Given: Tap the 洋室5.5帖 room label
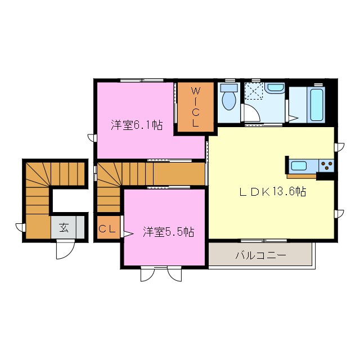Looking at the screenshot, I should (x=168, y=231).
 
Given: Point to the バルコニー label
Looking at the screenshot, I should (x=260, y=255).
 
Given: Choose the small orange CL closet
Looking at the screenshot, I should (x=107, y=229).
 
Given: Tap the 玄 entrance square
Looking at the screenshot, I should (x=64, y=228).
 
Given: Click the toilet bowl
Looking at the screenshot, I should (x=228, y=102).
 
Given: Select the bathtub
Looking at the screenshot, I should (x=317, y=105).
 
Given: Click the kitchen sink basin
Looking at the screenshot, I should (x=299, y=166).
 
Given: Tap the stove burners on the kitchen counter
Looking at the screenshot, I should (x=326, y=165).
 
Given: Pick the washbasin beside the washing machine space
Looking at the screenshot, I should (x=275, y=88).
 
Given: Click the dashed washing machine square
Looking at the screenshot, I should (x=253, y=90).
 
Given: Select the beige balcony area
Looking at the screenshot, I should (x=260, y=255).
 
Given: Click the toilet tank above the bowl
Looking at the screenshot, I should (x=228, y=88).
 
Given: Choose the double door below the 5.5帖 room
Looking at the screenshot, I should (x=161, y=273).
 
